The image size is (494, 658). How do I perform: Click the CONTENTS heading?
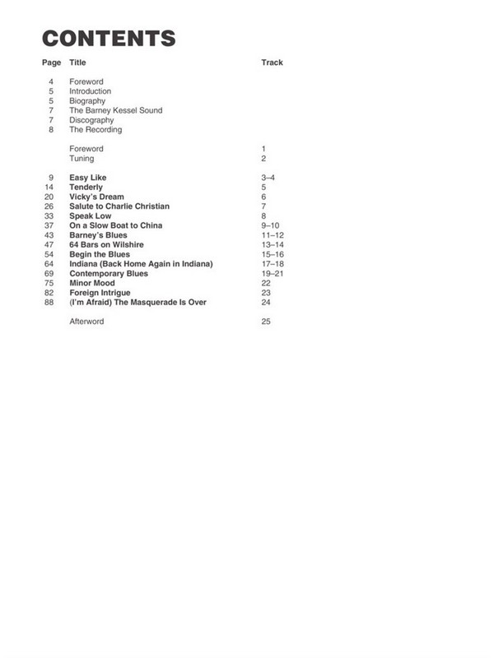point(109,38)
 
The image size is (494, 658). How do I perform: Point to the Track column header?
point(272,63)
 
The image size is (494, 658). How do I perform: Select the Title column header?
point(77,63)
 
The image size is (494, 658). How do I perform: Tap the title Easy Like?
point(88,178)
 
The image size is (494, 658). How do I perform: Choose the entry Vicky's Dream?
point(96,197)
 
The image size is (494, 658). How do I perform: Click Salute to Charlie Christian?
point(119,206)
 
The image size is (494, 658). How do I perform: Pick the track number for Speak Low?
point(263,216)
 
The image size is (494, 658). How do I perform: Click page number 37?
point(49,225)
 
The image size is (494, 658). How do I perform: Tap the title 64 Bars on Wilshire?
point(106,245)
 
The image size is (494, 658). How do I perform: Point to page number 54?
point(49,254)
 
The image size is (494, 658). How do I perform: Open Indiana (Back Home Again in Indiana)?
point(141,264)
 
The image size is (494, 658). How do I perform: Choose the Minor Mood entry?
point(92,283)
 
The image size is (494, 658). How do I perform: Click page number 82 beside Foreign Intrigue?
point(49,293)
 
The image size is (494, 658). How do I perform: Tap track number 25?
point(265,322)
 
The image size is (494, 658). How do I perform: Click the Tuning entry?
point(82,158)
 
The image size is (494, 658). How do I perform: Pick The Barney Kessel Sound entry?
point(115,110)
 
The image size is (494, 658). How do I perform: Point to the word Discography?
point(91,120)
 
